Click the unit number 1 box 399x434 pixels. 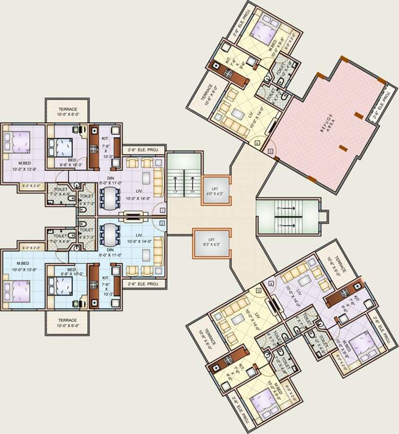pos(162,210)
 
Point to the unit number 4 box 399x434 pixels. pos(271,283)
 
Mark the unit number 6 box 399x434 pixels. pos(257,144)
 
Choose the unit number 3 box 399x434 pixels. pos(258,290)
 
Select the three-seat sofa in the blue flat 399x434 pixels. pos(157,245)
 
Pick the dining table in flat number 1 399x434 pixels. pos(108,198)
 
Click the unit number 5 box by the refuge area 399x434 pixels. pos(271,151)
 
